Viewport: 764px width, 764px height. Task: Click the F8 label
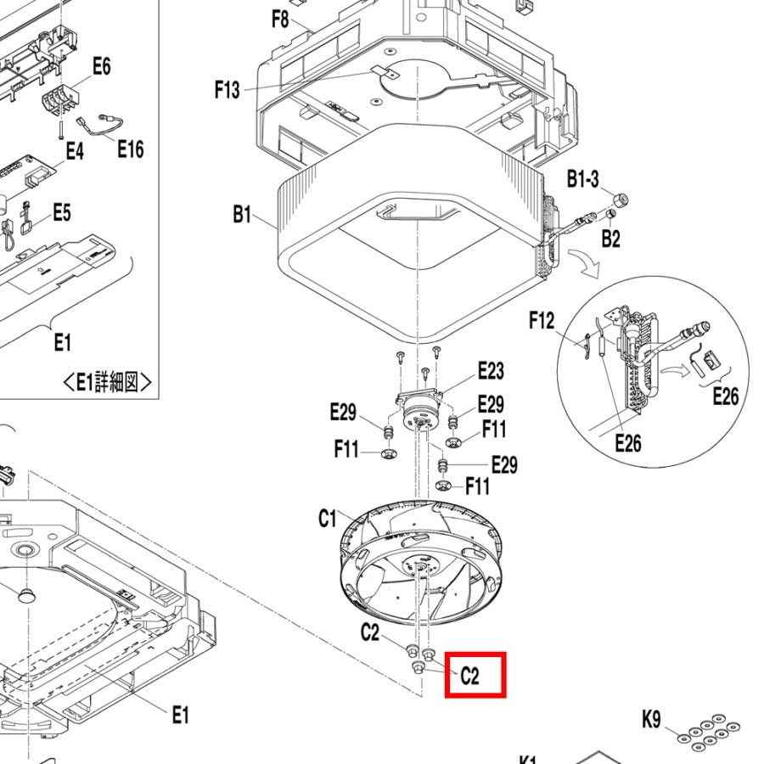[281, 18]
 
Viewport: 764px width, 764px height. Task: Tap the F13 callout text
[227, 89]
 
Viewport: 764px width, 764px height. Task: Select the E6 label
[100, 67]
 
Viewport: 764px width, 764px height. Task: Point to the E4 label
[75, 151]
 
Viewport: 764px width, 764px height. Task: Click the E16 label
[130, 149]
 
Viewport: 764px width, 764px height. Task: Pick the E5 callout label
[61, 212]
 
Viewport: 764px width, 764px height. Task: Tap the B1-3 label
[583, 179]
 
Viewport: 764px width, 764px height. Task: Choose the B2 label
[610, 239]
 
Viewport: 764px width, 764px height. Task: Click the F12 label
[541, 320]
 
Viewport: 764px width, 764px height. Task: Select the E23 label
[490, 370]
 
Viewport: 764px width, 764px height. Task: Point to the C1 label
[328, 518]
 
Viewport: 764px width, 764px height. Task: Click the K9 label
[651, 721]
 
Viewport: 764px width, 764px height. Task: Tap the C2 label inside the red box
[470, 676]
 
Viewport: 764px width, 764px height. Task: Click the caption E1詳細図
[108, 383]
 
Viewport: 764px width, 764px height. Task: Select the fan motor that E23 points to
[417, 416]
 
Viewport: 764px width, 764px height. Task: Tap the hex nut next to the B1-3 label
[620, 199]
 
